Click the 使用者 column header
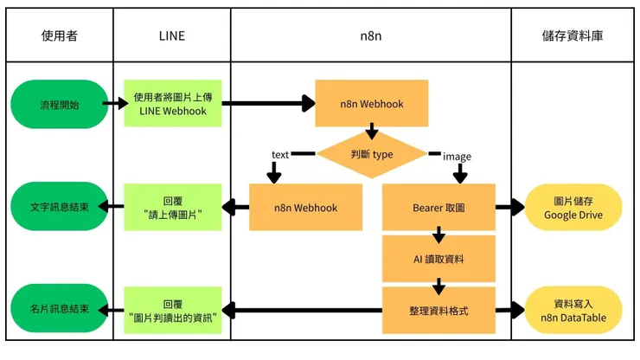click(60, 35)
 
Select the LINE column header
click(172, 35)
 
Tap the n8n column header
click(371, 35)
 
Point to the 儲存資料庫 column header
click(573, 35)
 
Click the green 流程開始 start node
click(59, 104)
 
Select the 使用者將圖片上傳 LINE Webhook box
click(172, 104)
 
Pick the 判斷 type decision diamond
click(372, 154)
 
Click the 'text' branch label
click(280, 155)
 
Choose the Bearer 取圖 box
click(438, 208)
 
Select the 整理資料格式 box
click(438, 310)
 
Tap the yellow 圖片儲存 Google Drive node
click(573, 208)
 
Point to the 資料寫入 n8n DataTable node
click(573, 310)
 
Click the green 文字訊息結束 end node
click(59, 208)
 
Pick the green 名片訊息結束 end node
click(59, 310)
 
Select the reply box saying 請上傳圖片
click(172, 208)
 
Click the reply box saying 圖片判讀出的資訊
click(172, 310)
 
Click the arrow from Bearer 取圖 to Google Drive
click(509, 208)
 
